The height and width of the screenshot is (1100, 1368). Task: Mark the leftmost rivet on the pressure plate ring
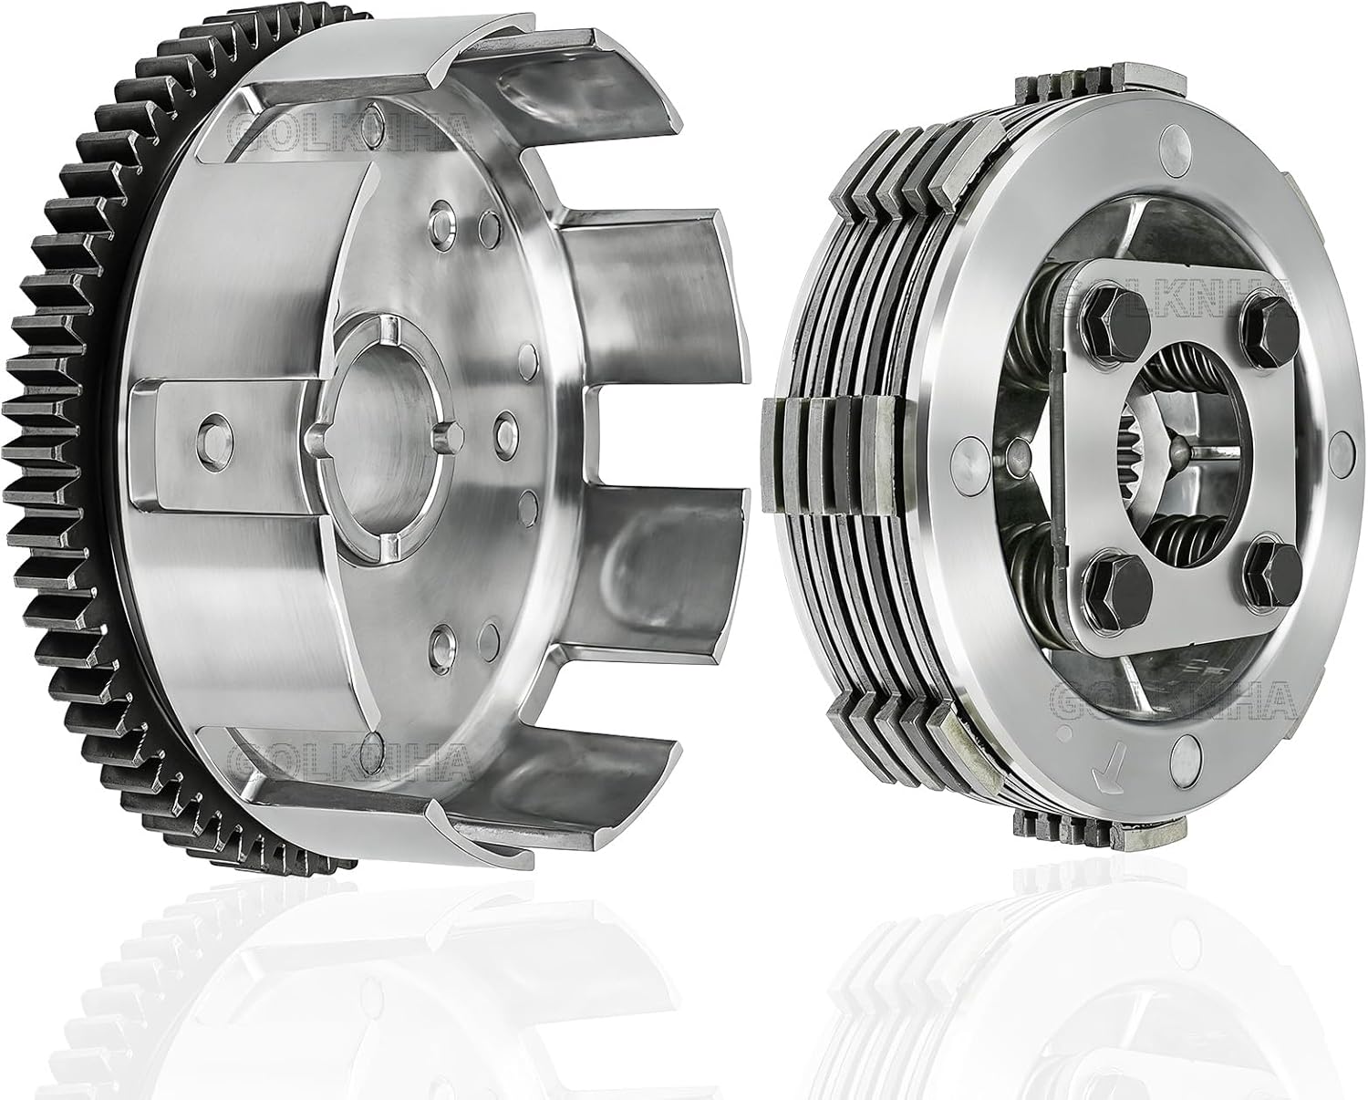(x=968, y=453)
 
